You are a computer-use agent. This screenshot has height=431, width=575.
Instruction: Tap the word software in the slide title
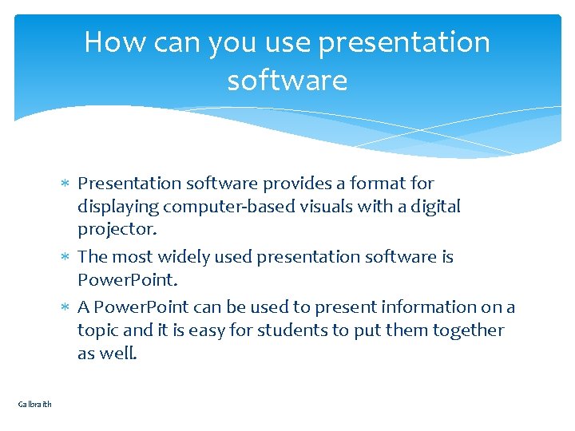287,81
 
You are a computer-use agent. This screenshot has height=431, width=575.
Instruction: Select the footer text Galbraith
34,404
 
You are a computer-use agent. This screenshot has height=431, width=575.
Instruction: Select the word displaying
118,207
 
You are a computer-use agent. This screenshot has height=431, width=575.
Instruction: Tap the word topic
98,330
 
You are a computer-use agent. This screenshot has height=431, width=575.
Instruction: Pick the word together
466,330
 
